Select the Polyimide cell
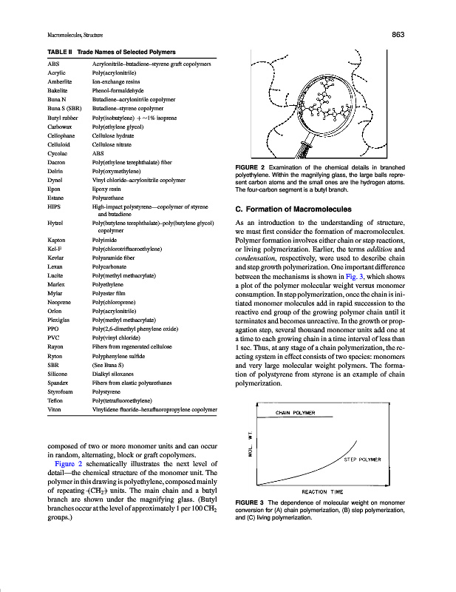[x=106, y=240]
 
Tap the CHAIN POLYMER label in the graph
[x=296, y=412]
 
